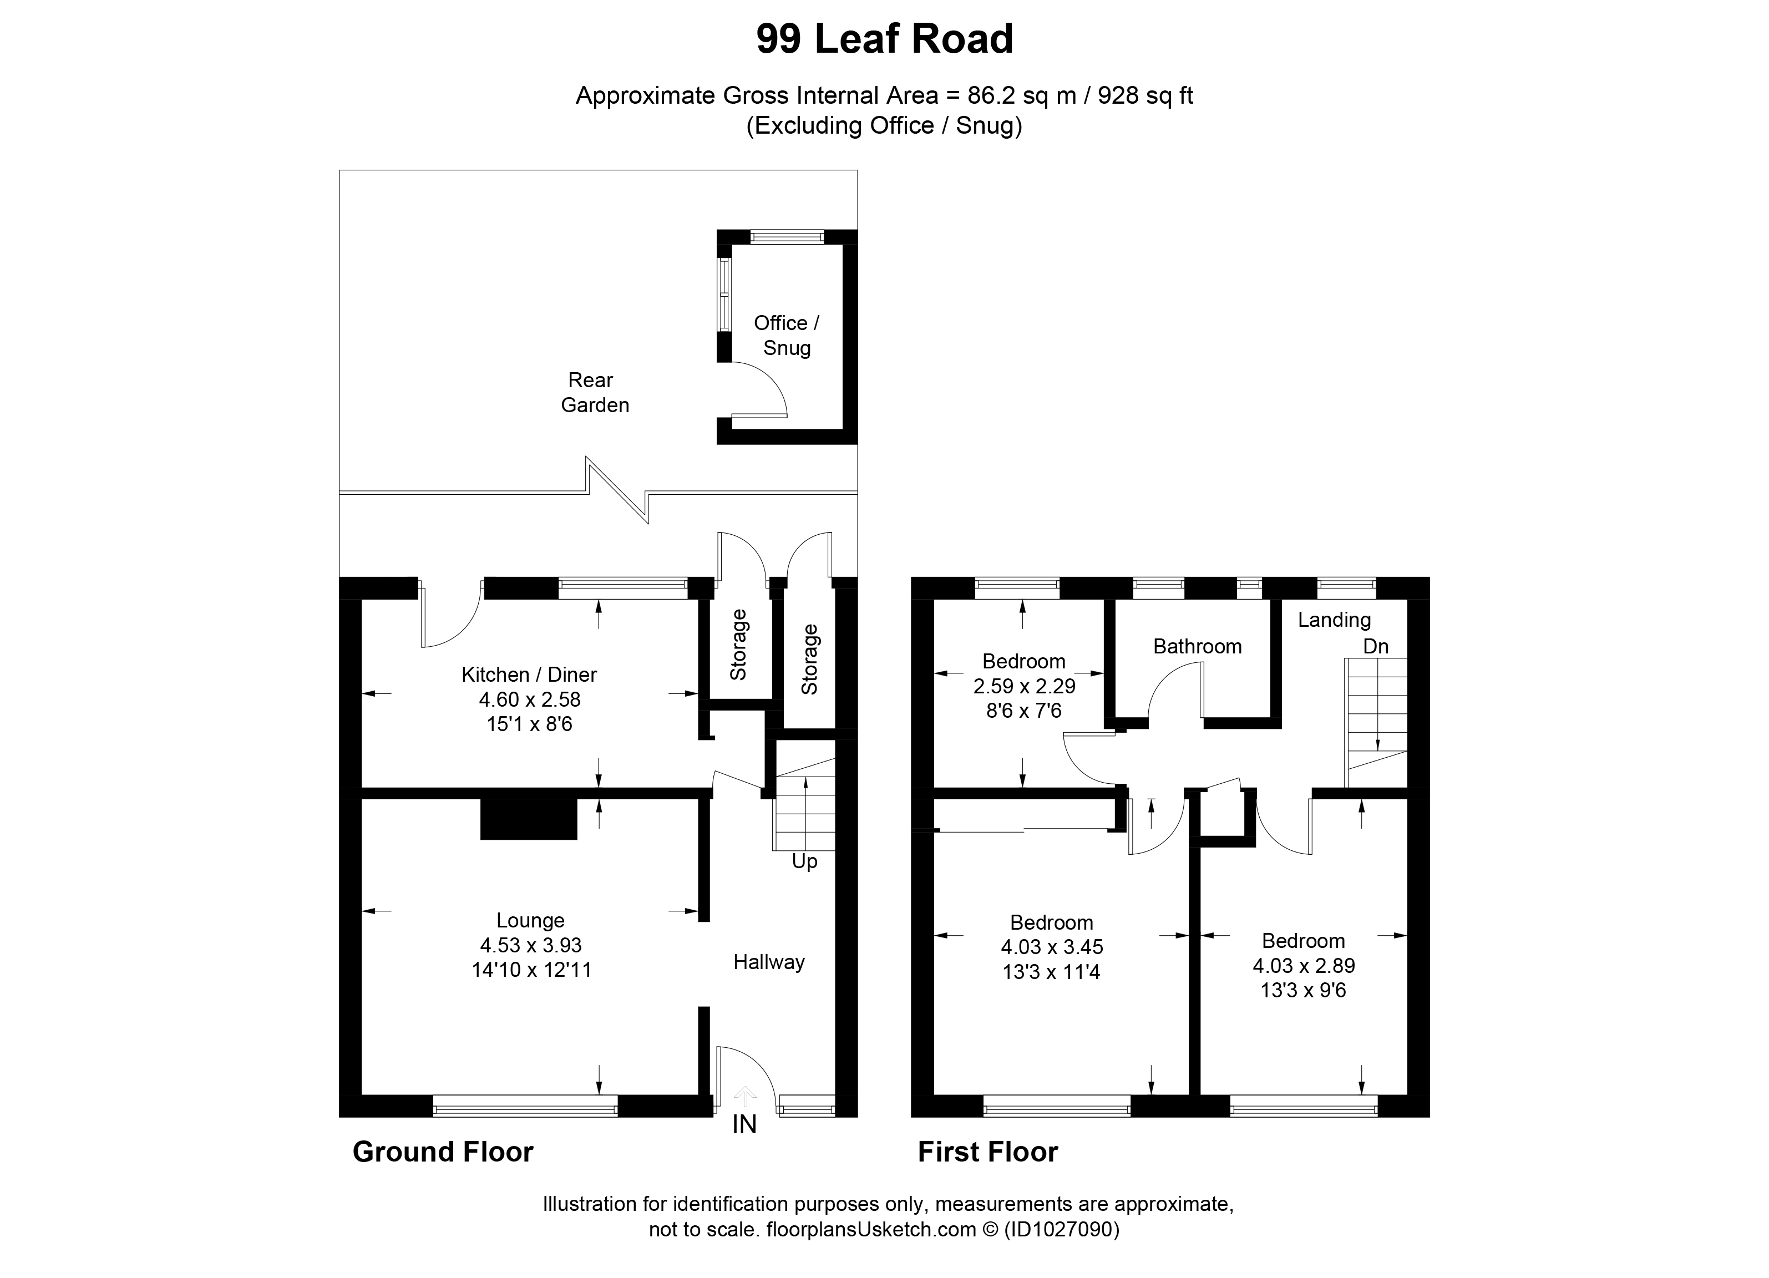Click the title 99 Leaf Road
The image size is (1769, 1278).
pos(884,39)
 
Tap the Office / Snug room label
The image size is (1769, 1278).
pos(786,335)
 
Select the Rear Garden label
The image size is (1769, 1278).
pos(594,392)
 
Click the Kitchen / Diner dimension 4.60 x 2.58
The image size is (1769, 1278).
pos(530,699)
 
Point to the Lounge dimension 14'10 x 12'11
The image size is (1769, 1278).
pos(531,970)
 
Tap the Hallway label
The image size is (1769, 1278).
pos(768,962)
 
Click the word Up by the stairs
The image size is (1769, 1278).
pos(804,861)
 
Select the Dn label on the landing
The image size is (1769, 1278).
pos(1376,646)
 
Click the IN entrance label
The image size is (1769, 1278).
pos(744,1124)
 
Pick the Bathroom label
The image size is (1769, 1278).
pos(1197,646)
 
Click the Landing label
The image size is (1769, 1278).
pos(1334,620)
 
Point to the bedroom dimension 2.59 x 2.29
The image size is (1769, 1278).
pos(1024,686)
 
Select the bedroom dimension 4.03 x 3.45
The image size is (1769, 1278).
pos(1051,947)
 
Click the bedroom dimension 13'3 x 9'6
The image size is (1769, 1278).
pos(1304,990)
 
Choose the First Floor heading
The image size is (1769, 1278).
pos(987,1152)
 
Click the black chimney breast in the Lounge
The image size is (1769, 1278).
pos(528,819)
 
